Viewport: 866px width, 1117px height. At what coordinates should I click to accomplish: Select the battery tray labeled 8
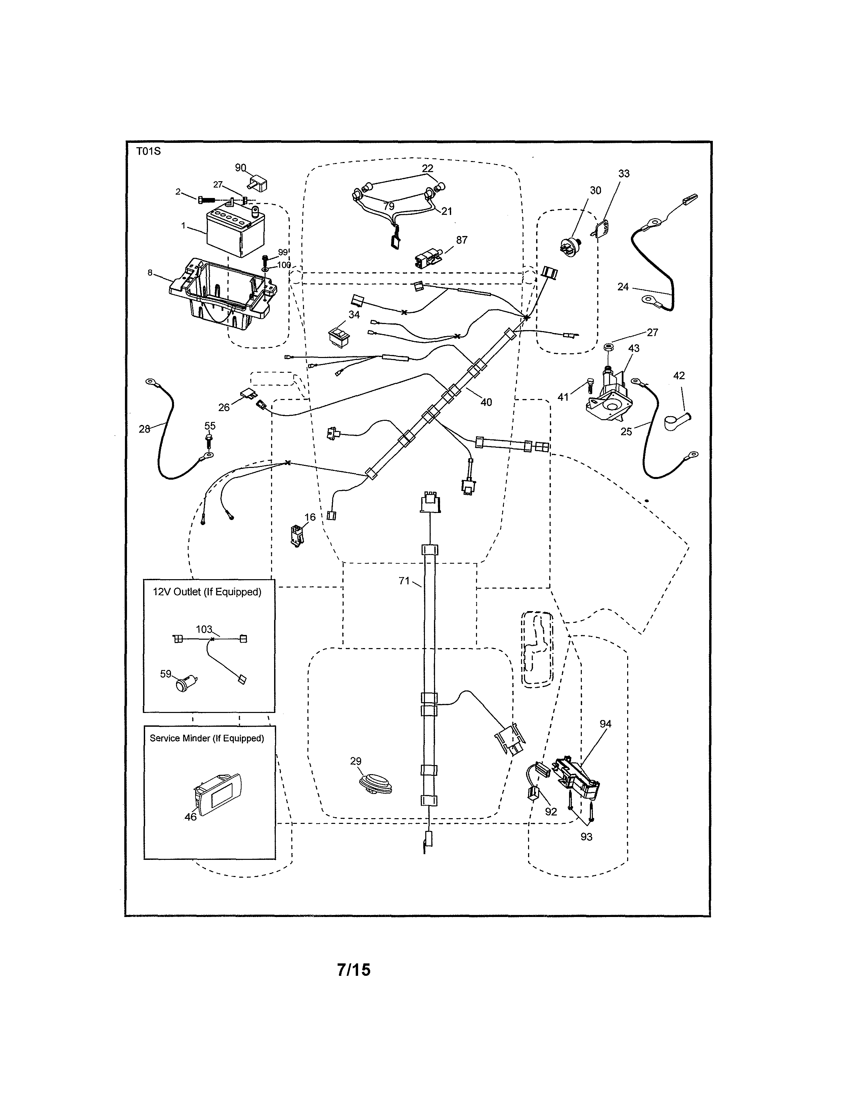coord(223,293)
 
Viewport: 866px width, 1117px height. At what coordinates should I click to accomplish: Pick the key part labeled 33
coord(601,228)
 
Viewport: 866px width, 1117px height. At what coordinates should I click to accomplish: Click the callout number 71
coord(404,581)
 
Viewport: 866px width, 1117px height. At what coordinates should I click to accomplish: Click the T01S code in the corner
coord(148,151)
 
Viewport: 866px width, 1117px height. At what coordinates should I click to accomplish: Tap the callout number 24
coord(623,287)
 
